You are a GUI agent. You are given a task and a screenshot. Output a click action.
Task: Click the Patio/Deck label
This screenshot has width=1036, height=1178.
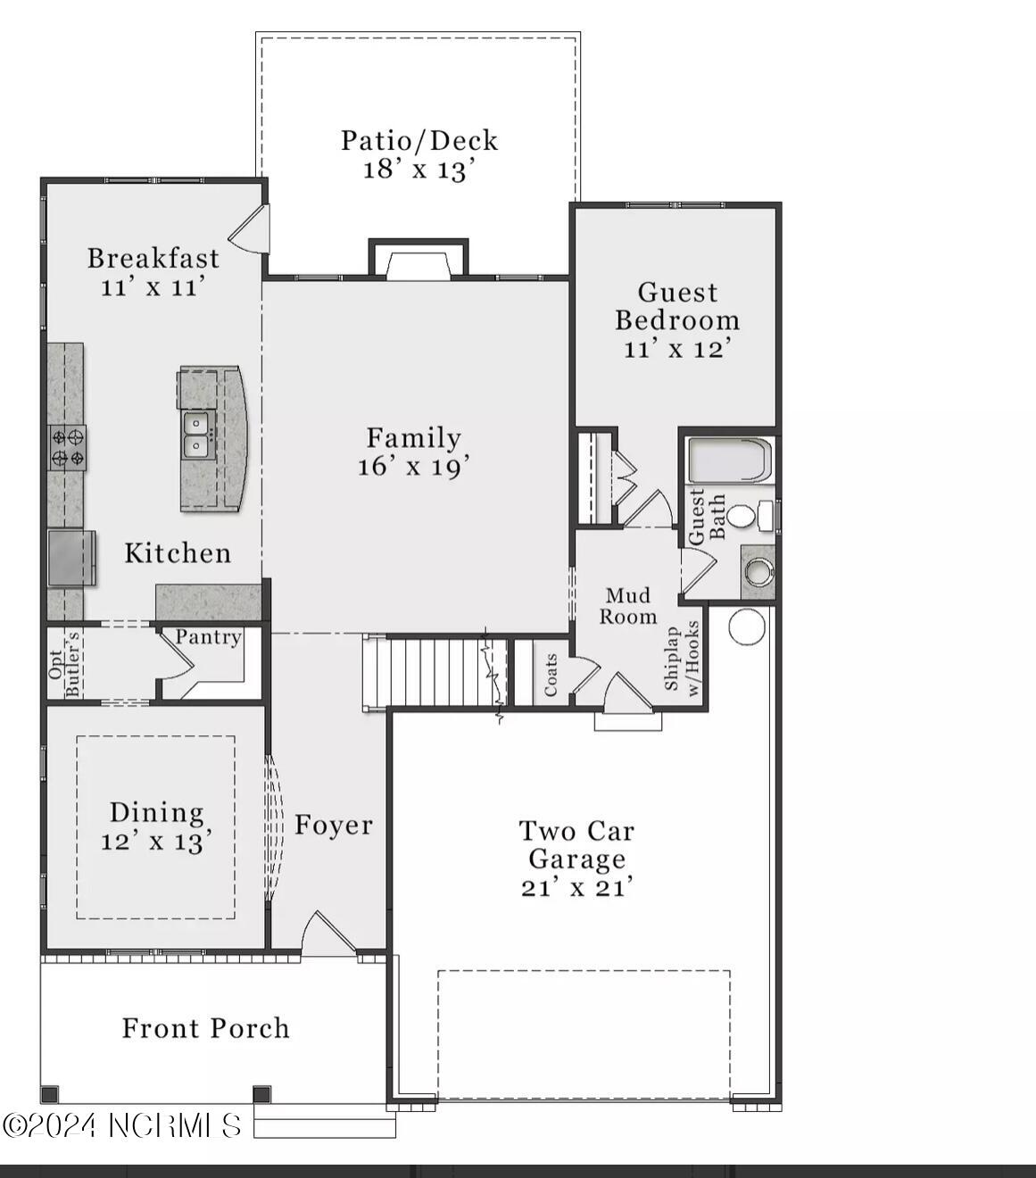click(x=419, y=140)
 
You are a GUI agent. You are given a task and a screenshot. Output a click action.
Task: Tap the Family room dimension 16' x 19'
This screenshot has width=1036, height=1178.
click(x=413, y=467)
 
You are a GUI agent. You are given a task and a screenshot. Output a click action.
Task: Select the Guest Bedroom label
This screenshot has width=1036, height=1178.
click(x=677, y=306)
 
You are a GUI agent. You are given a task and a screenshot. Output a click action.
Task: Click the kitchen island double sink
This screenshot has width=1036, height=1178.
click(x=196, y=435)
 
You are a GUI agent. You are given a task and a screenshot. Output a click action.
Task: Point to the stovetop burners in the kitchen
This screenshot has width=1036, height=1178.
click(x=68, y=448)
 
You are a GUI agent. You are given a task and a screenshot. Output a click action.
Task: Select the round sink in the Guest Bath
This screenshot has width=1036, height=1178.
click(x=759, y=571)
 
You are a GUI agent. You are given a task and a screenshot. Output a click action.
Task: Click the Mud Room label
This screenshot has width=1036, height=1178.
click(x=628, y=606)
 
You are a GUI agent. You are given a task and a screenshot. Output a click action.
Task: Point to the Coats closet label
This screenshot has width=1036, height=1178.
click(x=551, y=676)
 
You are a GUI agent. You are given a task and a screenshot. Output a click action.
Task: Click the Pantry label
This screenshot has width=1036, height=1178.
click(x=208, y=637)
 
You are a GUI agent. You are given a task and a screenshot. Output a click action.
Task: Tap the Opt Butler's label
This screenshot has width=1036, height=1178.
click(x=65, y=664)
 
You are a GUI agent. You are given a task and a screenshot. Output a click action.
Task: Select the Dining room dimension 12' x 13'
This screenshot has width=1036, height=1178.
click(x=156, y=842)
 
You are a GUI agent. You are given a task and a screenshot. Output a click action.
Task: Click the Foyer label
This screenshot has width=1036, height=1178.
click(x=334, y=825)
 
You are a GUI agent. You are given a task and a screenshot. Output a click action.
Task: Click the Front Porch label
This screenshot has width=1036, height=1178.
click(x=205, y=1028)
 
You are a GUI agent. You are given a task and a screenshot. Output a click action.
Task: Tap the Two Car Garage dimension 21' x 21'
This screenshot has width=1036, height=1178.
click(x=577, y=888)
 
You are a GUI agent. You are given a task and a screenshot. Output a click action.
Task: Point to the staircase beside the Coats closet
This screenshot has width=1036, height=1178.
click(x=433, y=673)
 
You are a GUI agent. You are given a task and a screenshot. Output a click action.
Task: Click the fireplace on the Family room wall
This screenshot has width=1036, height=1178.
click(x=419, y=264)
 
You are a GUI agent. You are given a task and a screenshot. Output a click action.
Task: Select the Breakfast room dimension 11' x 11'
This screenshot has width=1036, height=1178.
click(x=153, y=287)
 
